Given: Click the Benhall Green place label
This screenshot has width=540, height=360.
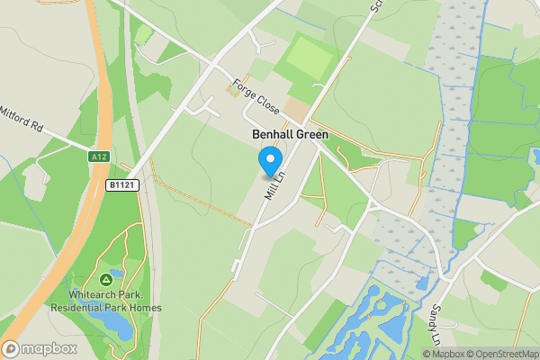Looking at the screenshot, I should [x=283, y=134].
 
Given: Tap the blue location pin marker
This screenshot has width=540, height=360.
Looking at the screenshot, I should [x=269, y=161].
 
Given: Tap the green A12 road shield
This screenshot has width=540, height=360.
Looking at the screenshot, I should [x=99, y=157].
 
